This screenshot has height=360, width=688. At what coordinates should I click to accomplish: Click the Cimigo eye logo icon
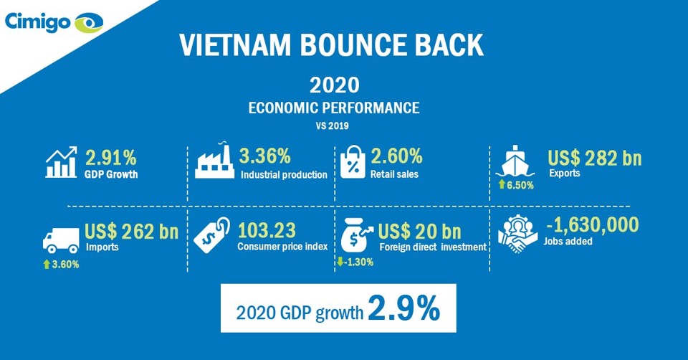(89, 23)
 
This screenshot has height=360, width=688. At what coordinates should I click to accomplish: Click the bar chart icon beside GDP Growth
(61, 163)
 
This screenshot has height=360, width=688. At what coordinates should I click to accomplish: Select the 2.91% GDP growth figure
(110, 158)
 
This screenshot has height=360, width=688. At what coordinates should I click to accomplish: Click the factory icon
(214, 160)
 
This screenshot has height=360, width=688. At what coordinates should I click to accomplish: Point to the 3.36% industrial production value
(265, 156)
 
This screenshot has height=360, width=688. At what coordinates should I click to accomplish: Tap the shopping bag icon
(353, 162)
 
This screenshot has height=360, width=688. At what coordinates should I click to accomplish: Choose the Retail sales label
(394, 174)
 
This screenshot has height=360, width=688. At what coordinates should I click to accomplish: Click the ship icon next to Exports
(515, 161)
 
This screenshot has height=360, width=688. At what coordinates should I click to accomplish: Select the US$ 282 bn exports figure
(595, 158)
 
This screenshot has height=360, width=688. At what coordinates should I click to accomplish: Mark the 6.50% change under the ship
(516, 185)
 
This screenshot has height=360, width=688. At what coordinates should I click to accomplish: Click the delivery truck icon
(61, 240)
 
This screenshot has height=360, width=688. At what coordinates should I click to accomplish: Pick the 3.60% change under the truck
(61, 265)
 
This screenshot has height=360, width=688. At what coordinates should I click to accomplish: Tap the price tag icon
(211, 235)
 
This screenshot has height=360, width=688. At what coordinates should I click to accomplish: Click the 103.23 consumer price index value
(267, 231)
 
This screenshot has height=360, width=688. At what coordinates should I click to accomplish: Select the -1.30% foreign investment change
(355, 262)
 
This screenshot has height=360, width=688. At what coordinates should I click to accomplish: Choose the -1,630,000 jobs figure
(593, 224)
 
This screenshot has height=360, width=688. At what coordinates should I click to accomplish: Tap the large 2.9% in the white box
(404, 308)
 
